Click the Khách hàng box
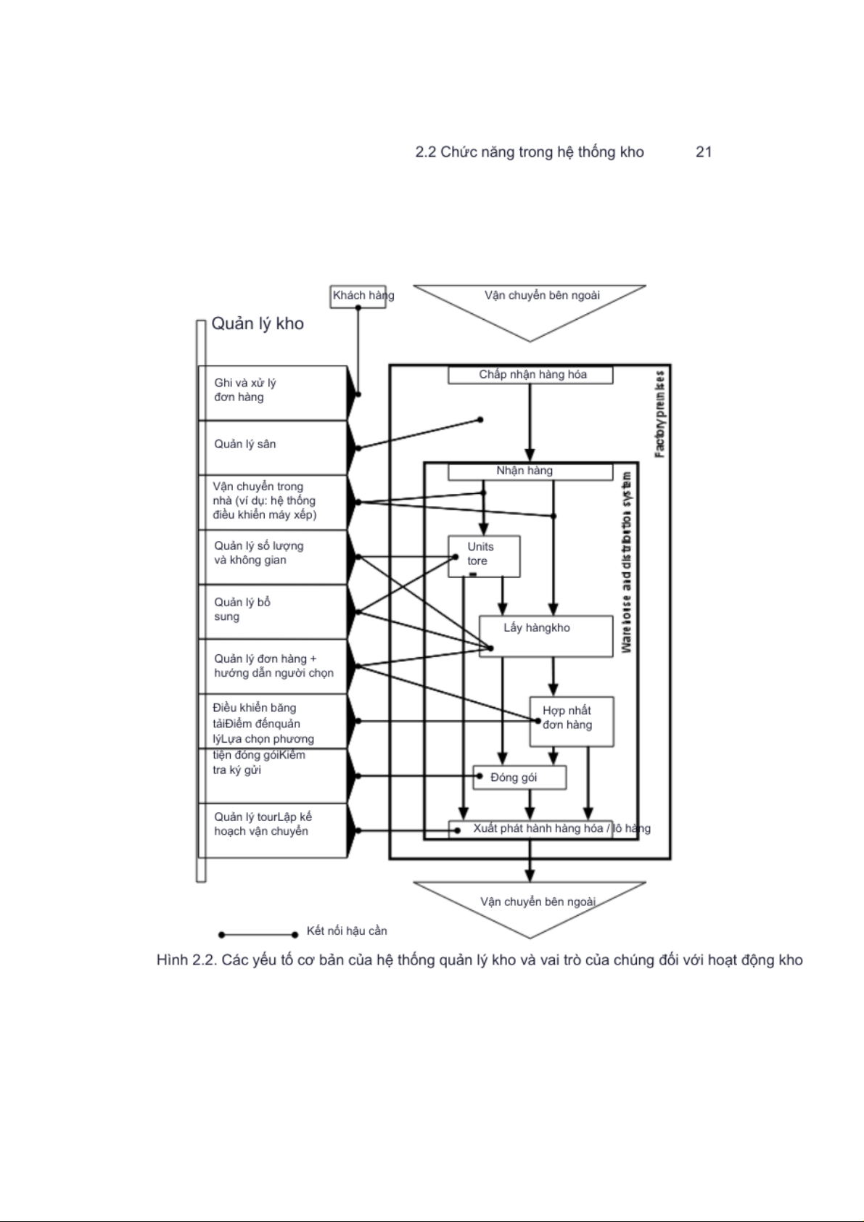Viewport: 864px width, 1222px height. coord(358,296)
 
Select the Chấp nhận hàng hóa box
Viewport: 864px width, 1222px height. coord(530,375)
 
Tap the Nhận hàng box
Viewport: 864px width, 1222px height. coord(530,471)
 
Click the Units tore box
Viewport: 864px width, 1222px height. coord(484,556)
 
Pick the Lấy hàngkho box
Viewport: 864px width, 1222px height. coord(546,636)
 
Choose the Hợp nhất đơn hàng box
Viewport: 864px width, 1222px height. coord(572,722)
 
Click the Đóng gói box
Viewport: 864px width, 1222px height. coord(519,777)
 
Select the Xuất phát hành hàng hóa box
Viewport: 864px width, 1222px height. coord(531,829)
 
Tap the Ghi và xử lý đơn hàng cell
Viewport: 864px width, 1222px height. coord(272,392)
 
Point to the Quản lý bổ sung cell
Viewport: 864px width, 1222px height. coord(272,611)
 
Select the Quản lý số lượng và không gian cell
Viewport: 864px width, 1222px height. coord(272,555)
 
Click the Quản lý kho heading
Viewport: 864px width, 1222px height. coord(258,324)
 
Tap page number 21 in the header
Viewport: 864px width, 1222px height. coord(703,152)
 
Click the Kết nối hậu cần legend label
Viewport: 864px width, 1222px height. coord(347,931)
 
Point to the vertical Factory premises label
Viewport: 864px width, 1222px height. coord(659,414)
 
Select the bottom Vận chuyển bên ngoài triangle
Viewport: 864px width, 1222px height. coord(530,907)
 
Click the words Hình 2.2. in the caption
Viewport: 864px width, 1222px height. coord(186,960)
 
